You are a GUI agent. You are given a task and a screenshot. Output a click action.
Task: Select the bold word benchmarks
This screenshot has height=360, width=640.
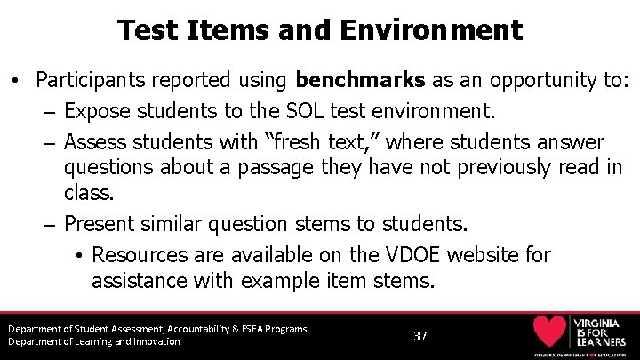[360, 80]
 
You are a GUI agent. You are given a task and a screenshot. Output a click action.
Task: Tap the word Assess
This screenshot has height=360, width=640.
[97, 142]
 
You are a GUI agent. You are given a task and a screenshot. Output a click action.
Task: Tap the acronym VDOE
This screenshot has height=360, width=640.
[410, 255]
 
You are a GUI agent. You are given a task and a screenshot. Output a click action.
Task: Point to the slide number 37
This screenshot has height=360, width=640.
[420, 336]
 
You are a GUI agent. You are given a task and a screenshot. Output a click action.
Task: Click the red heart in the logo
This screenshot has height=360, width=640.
[549, 331]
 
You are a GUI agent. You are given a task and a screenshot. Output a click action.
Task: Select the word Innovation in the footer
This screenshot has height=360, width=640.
[153, 341]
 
